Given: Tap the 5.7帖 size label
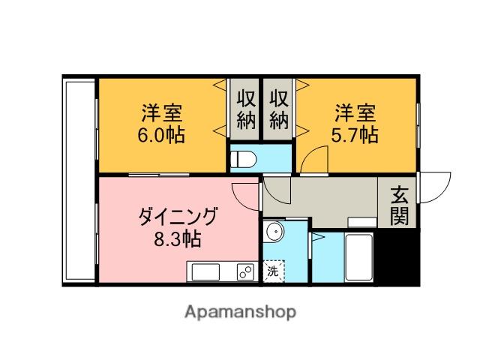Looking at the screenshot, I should click(x=355, y=135).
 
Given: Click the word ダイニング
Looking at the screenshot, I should click(x=178, y=218).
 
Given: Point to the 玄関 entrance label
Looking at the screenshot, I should click(x=398, y=207).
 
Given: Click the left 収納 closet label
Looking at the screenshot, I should click(x=245, y=109).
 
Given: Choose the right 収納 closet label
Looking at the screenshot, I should click(x=279, y=109).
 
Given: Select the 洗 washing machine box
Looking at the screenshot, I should click(x=274, y=271).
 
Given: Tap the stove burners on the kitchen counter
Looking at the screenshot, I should click(x=245, y=271).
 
